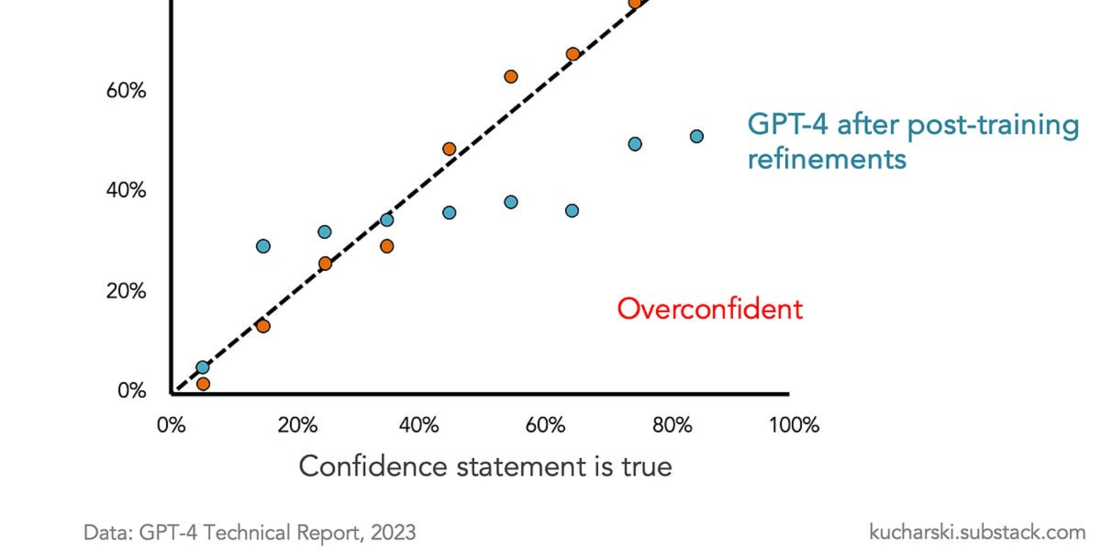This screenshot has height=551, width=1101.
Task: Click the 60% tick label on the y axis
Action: coord(126,90)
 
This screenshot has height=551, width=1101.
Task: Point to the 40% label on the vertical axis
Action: coord(126,191)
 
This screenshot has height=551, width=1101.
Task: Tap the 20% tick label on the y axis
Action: coord(126,291)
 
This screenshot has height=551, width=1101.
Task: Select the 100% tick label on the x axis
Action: coord(794,425)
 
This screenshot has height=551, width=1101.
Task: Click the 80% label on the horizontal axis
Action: coord(672,425)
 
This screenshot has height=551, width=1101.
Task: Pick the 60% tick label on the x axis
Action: coord(545,425)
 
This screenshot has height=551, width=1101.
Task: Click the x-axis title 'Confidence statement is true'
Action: coord(485,467)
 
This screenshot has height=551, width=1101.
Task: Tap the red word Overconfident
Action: coord(710,309)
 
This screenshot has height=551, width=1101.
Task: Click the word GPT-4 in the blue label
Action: coord(787,124)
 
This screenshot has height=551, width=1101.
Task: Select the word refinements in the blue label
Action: coord(827,159)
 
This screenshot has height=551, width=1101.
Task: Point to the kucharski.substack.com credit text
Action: coord(977,532)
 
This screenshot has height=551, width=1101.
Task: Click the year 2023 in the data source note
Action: coord(393,533)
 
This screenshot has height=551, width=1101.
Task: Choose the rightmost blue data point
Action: coord(696,136)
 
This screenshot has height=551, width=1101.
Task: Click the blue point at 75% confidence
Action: coord(635,144)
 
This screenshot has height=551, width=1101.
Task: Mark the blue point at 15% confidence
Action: coord(263,246)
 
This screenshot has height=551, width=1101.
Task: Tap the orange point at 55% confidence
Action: coord(511,77)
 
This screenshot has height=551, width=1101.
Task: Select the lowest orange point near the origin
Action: coord(203,384)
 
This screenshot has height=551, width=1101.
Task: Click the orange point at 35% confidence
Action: coord(387,246)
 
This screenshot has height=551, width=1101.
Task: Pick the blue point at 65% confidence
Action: coord(572,210)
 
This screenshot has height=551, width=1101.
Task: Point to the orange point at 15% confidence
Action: coord(263,326)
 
